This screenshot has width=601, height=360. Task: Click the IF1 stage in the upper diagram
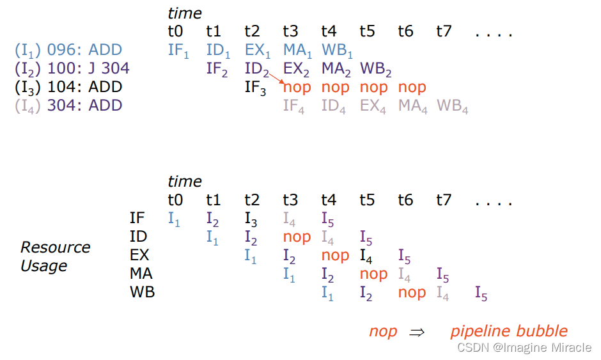pyautogui.click(x=178, y=51)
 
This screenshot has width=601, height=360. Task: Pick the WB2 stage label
pyautogui.click(x=376, y=68)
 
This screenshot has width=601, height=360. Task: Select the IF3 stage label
pyautogui.click(x=255, y=87)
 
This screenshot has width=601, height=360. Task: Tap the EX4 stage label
pyautogui.click(x=373, y=106)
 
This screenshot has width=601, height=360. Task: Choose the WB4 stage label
pyautogui.click(x=453, y=106)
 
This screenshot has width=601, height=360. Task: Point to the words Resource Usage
pyautogui.click(x=55, y=256)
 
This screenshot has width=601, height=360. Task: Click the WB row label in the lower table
pyautogui.click(x=142, y=292)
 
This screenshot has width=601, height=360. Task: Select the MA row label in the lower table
pyautogui.click(x=141, y=274)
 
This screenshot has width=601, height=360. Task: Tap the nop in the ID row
pyautogui.click(x=297, y=237)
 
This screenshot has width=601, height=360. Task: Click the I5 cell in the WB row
pyautogui.click(x=481, y=293)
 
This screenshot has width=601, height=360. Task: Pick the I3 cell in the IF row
pyautogui.click(x=251, y=219)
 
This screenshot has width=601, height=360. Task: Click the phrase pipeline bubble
pyautogui.click(x=508, y=331)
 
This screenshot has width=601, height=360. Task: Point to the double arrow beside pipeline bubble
pyautogui.click(x=417, y=332)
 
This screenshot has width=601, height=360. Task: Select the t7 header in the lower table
pyautogui.click(x=444, y=200)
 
